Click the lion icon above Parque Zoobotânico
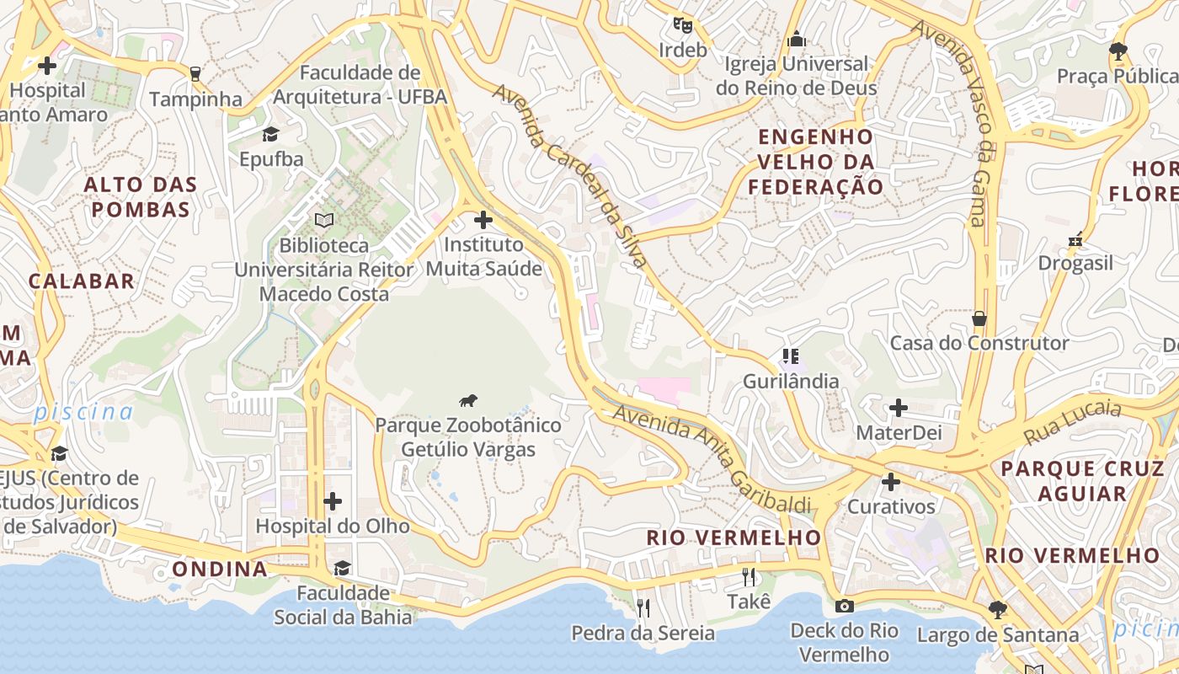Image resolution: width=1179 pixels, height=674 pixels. tap(469, 401)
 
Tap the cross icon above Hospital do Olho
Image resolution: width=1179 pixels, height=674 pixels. tap(333, 501)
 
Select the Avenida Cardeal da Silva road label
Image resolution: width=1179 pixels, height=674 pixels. tap(571, 175)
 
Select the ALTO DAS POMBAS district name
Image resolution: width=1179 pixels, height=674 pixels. tap(141, 197)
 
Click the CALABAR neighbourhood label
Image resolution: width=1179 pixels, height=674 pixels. tap(82, 281)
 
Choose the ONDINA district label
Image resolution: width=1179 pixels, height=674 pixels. tap(220, 569)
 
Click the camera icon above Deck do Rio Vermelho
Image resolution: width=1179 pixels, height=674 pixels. tap(844, 606)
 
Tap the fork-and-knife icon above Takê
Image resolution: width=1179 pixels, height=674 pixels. tap(748, 577)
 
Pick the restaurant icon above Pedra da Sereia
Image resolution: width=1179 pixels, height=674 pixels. tap(643, 607)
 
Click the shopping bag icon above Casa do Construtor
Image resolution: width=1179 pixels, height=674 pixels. tap(979, 318)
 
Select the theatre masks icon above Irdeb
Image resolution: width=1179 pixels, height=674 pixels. tap(682, 25)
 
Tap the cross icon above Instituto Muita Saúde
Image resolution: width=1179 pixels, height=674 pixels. tap(483, 220)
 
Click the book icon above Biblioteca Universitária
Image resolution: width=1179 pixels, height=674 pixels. tap(324, 220)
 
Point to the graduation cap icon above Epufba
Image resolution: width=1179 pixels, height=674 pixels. tap(270, 134)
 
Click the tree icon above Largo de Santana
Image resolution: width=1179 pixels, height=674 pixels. tap(997, 608)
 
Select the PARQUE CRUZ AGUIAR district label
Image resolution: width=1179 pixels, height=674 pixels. tap(1082, 481)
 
